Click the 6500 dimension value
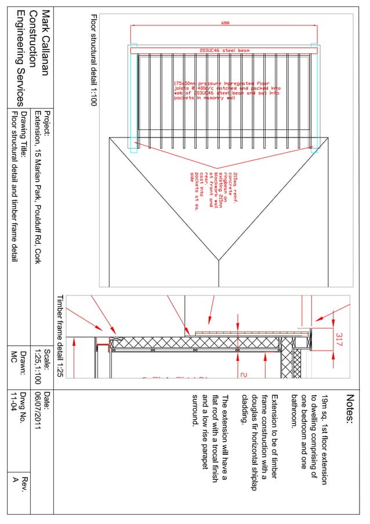[224, 23]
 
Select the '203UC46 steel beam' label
[224, 51]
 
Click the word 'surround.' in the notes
[195, 410]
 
